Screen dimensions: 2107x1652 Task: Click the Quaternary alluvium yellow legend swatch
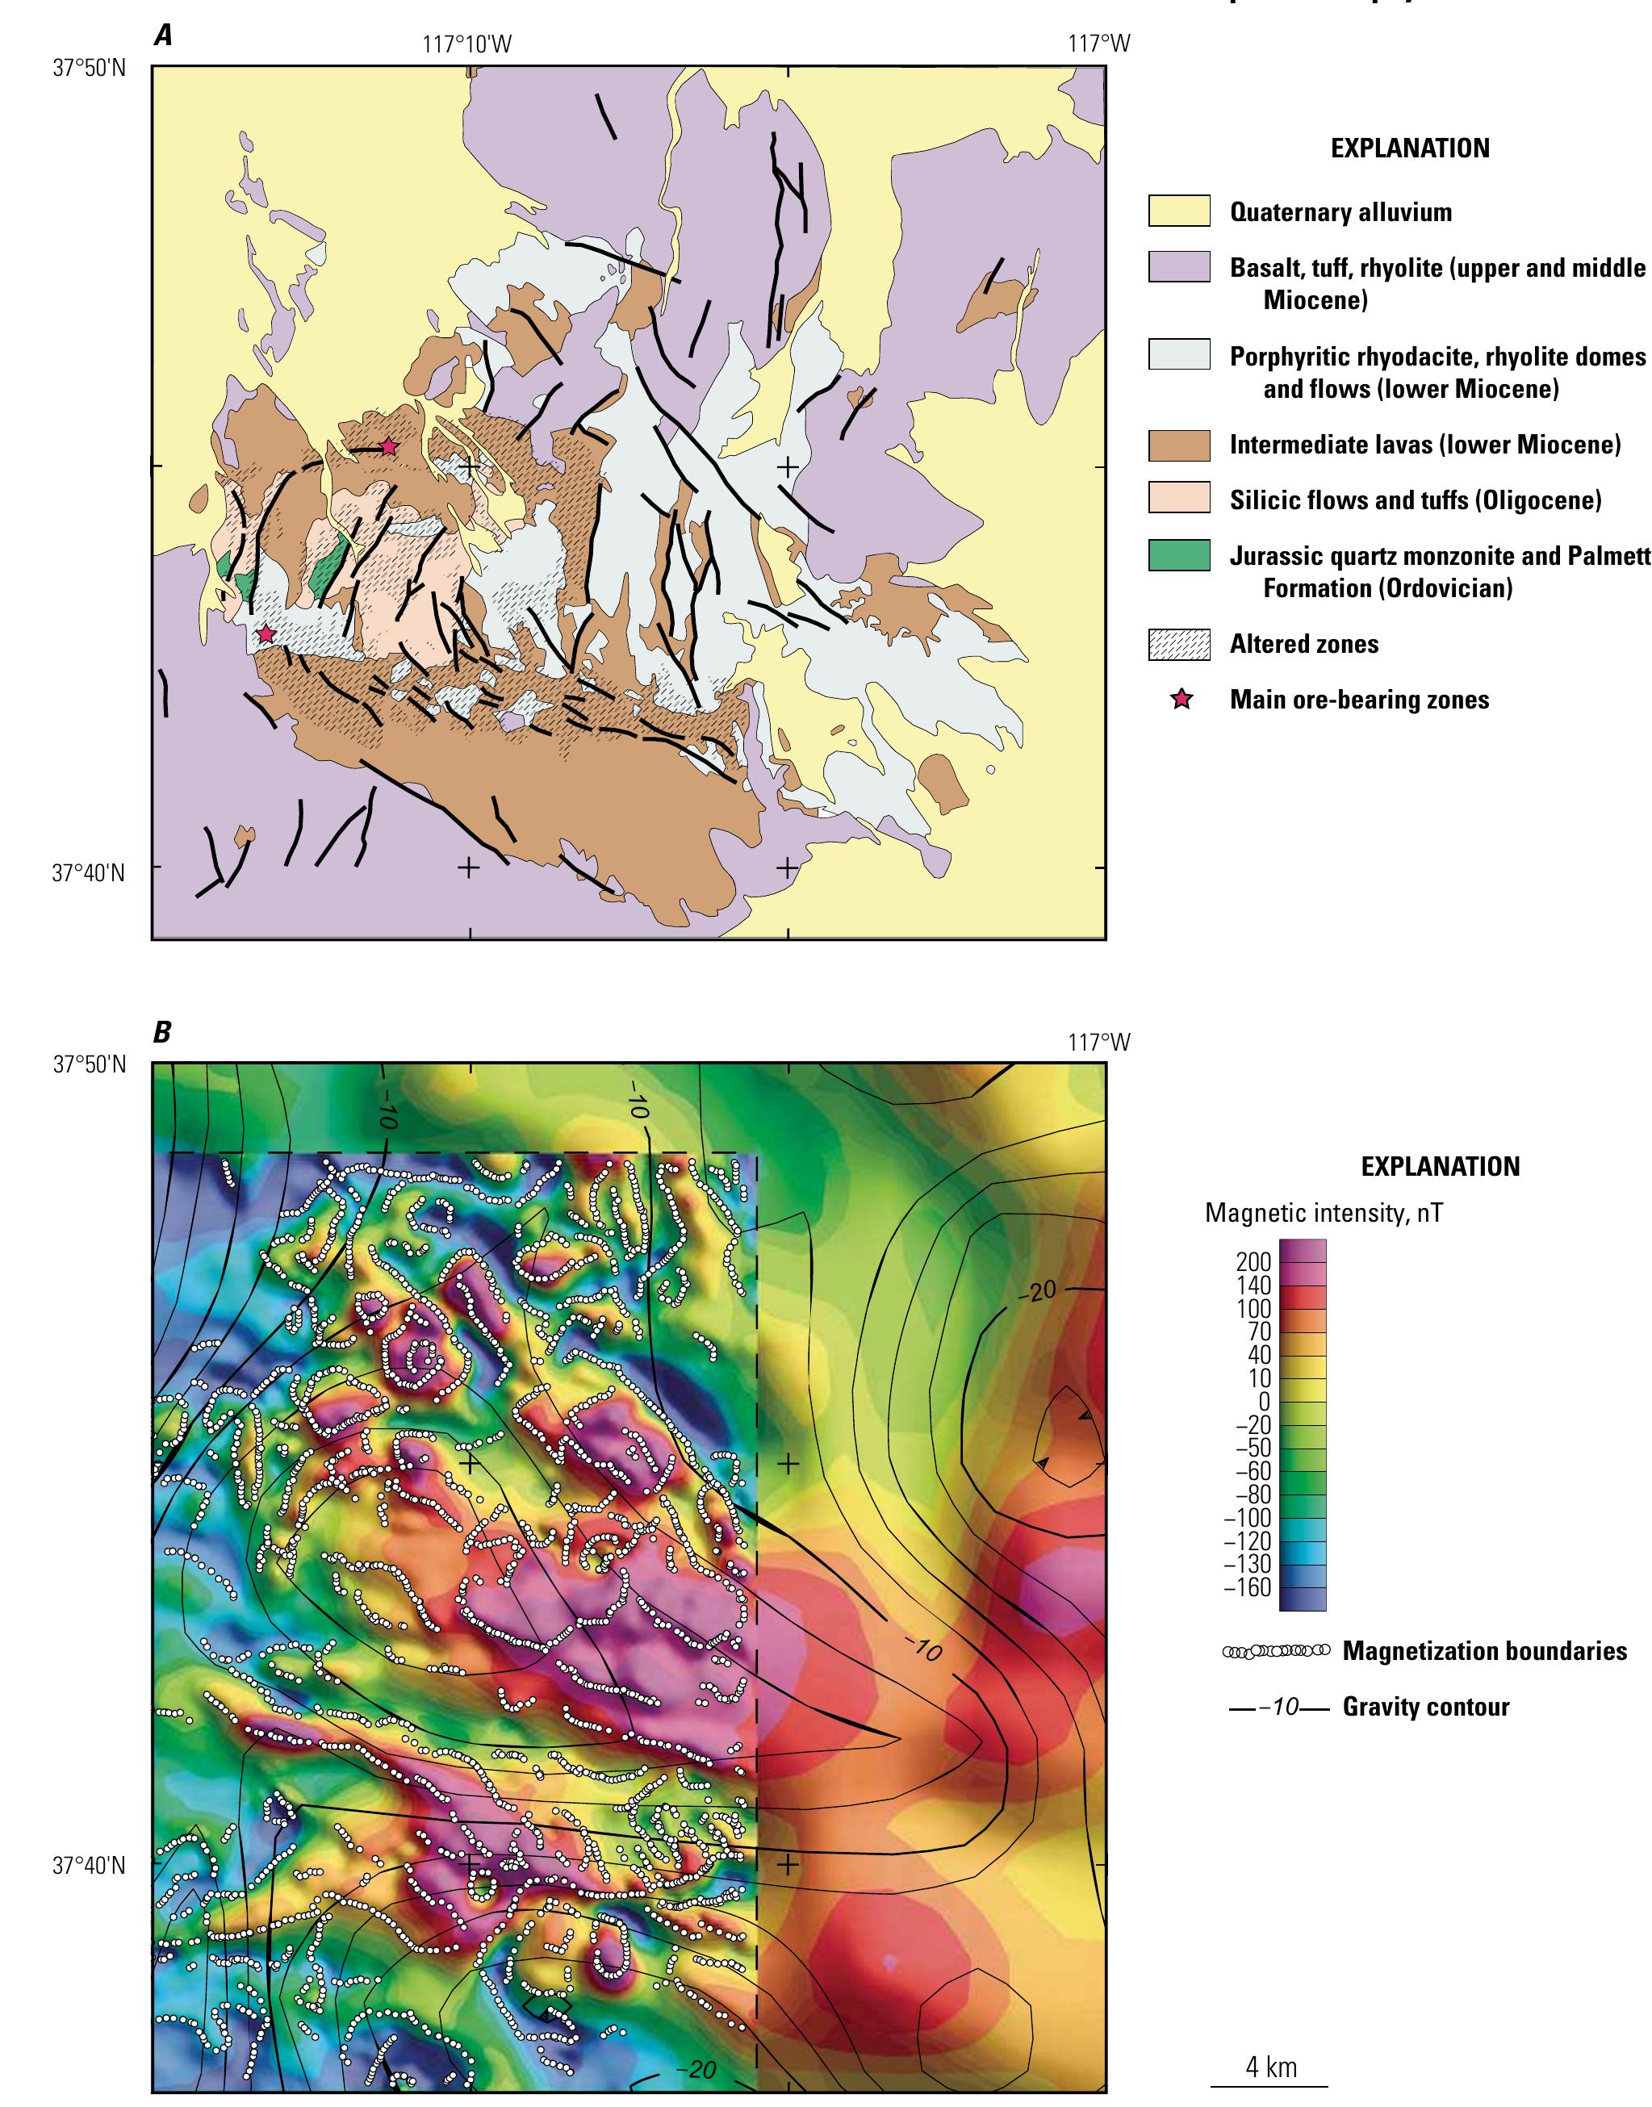click(x=1179, y=211)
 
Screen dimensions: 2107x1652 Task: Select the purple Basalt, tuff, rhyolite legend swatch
click(x=1179, y=267)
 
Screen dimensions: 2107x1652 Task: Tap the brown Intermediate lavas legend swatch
click(x=1179, y=445)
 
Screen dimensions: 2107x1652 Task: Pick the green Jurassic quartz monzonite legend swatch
click(x=1179, y=556)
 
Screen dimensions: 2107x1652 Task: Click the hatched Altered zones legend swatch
click(x=1179, y=645)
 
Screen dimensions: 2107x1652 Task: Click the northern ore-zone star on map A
click(x=389, y=447)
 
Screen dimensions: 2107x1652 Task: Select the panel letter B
click(x=161, y=1033)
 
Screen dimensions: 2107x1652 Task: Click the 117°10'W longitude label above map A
click(x=468, y=44)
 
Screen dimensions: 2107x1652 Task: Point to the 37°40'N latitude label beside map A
click(x=89, y=872)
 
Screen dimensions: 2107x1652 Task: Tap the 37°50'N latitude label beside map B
click(x=89, y=1065)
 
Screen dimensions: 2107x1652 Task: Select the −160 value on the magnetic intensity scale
click(x=1249, y=1589)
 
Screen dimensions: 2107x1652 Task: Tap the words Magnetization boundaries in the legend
click(x=1483, y=1650)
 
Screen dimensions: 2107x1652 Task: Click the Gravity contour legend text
click(x=1426, y=1707)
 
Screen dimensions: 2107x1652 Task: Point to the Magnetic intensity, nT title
click(x=1324, y=1213)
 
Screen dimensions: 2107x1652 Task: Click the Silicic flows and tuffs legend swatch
click(x=1179, y=500)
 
